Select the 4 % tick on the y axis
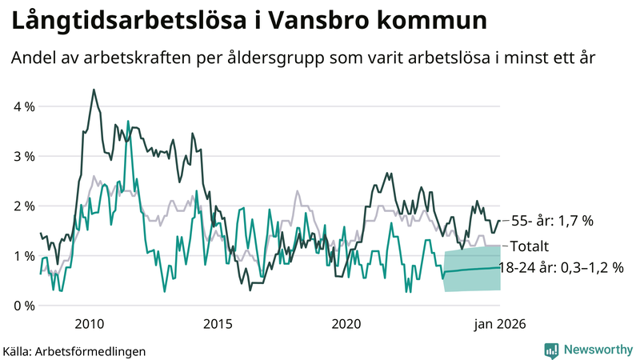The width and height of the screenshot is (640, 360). click(22, 106)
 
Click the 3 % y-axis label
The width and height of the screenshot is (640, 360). click(22, 156)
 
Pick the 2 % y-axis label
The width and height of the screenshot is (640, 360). click(22, 206)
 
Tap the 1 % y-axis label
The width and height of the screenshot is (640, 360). click(22, 255)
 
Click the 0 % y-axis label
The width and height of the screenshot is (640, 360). click(22, 305)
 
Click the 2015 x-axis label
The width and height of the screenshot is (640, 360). click(218, 324)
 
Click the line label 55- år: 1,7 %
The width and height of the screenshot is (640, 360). click(551, 221)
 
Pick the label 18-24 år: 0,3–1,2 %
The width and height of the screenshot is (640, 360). click(561, 268)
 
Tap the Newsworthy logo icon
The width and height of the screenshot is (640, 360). click(551, 350)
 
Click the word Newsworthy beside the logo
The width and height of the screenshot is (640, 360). click(598, 350)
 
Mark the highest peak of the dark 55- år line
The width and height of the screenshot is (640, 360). click(94, 90)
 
